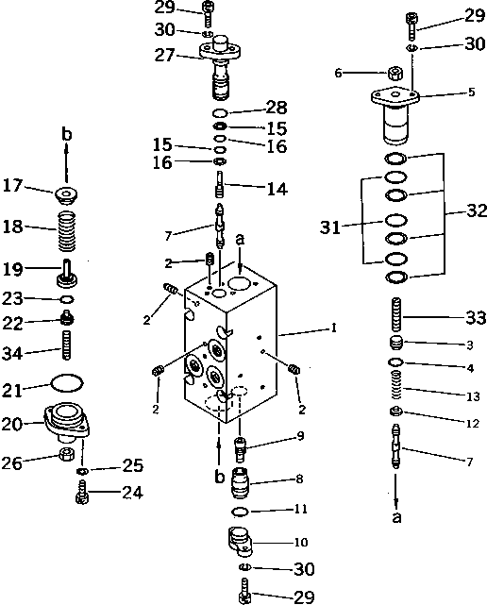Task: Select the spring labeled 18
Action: click(67, 229)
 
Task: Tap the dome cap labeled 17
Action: click(67, 196)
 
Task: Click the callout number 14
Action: click(277, 189)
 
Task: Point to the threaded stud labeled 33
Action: click(396, 313)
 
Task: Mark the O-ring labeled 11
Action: click(242, 511)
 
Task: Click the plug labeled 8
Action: click(243, 486)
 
